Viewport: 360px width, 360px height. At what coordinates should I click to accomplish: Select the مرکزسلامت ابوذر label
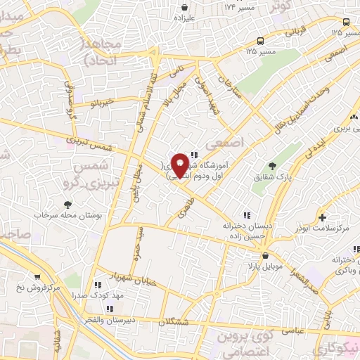pos(323,229)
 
